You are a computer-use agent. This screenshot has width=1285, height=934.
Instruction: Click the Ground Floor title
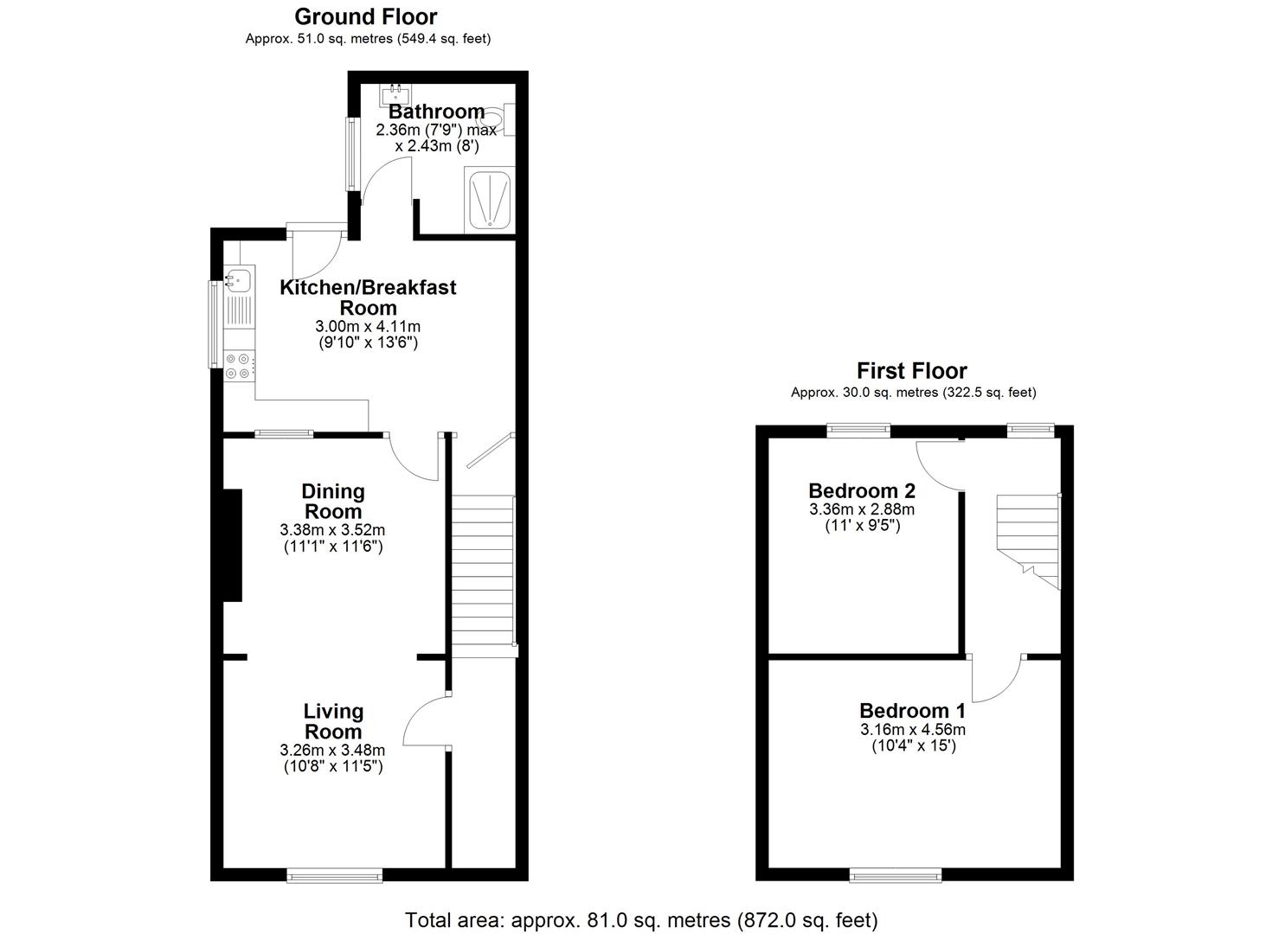tap(366, 16)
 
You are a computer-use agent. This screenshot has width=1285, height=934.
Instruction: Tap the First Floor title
tap(911, 371)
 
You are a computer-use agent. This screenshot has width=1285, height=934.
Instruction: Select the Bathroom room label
tap(436, 112)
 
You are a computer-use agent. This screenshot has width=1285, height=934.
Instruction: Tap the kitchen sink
tap(238, 280)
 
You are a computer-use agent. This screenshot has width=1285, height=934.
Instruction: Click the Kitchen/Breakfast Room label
tap(368, 297)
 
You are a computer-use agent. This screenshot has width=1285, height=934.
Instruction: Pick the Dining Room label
tap(333, 502)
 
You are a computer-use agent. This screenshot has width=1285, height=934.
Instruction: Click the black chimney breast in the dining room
tap(232, 545)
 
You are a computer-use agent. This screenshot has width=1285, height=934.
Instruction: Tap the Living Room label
tap(333, 721)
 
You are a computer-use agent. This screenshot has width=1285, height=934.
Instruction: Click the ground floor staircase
tap(483, 571)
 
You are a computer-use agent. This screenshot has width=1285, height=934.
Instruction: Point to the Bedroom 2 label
tap(862, 491)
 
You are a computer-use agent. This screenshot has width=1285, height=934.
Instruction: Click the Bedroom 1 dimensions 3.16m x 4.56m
tap(913, 729)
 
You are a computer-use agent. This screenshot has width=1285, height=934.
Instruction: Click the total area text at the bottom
tap(641, 919)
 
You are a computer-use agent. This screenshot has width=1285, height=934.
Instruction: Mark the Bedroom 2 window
tap(858, 428)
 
